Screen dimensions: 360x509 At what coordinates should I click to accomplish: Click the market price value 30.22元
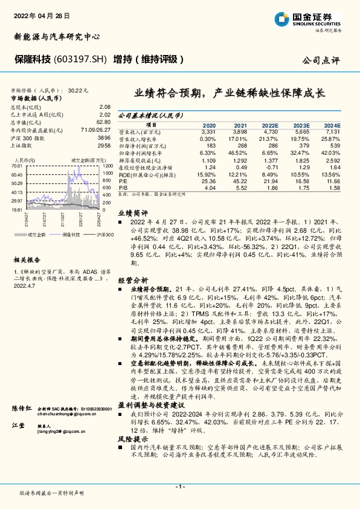click(78, 89)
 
